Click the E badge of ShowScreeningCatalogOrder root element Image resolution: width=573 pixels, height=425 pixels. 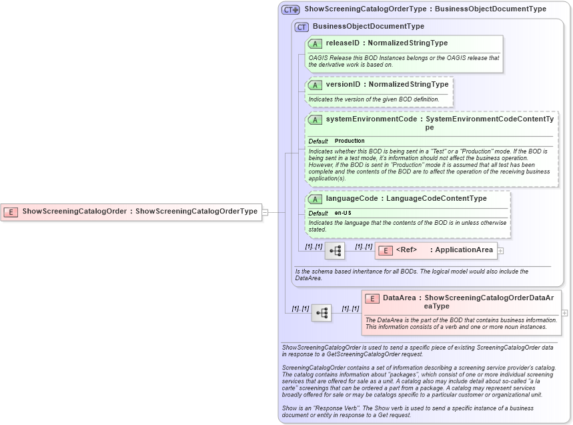11,211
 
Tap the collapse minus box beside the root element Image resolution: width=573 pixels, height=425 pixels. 265,212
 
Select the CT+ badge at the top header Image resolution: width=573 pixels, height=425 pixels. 290,9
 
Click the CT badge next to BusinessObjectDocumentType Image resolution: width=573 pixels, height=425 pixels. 302,27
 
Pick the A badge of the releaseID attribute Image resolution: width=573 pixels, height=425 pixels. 315,43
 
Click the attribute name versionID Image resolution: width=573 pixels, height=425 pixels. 343,85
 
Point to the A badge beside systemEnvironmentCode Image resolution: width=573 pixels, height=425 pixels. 315,119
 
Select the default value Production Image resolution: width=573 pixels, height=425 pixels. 350,141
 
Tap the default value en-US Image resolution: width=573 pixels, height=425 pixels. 343,213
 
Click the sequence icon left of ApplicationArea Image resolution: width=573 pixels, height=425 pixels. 335,251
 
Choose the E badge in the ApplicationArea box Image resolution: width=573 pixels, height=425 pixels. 386,250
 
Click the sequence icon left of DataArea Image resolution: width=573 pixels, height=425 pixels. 322,312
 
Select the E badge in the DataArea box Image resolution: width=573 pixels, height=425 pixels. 372,298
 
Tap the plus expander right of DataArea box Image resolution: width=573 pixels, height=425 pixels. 565,312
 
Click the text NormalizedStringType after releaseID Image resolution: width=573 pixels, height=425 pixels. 409,43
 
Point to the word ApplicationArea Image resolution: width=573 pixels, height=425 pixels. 464,250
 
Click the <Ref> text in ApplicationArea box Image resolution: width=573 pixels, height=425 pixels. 406,250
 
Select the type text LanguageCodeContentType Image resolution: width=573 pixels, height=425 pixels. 436,198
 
